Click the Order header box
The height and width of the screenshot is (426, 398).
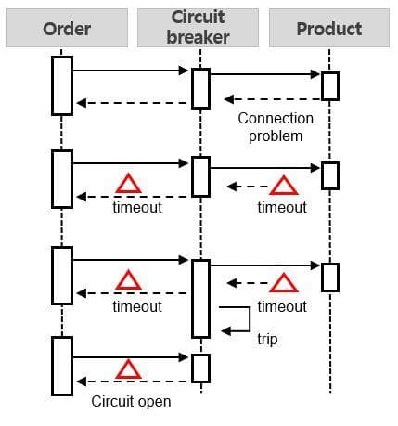tap(67, 28)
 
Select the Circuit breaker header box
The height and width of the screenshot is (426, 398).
tap(198, 28)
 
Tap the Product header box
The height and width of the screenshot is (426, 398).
tap(329, 28)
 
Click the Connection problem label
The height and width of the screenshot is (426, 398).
tap(276, 127)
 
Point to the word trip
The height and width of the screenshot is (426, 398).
tap(267, 339)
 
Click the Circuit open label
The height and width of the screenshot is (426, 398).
tap(131, 401)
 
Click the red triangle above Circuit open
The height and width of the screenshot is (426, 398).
tap(128, 369)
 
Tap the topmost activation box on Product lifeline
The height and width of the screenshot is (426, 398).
tap(330, 86)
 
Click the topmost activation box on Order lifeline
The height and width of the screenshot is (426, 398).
tap(62, 85)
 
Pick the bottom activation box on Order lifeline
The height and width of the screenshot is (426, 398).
tap(62, 366)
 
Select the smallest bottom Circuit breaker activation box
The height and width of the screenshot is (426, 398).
tap(201, 368)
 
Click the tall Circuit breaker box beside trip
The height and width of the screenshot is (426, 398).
tap(201, 299)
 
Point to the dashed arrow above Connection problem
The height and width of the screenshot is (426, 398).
tap(273, 99)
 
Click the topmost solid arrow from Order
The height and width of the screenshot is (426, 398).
tap(131, 71)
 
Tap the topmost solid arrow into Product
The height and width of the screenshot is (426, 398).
tap(265, 74)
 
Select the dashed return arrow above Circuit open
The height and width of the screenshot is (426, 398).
tap(132, 381)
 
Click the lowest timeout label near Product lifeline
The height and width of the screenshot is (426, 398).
tap(282, 306)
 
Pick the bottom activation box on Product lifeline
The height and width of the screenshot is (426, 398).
tap(330, 278)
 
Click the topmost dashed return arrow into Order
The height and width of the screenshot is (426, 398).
tap(132, 103)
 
